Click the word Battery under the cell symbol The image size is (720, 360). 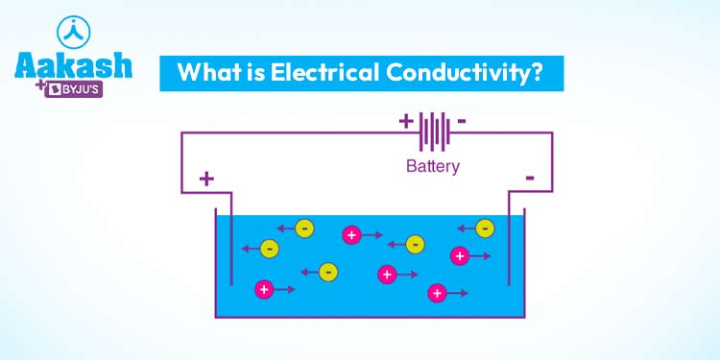click(x=433, y=166)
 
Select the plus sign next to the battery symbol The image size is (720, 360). click(x=405, y=122)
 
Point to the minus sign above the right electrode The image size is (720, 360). click(x=529, y=178)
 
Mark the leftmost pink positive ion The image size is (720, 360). click(x=263, y=288)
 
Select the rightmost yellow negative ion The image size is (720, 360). click(x=485, y=228)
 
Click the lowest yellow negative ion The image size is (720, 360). click(x=328, y=272)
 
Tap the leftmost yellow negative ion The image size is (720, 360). click(x=270, y=249)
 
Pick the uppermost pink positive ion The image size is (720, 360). click(x=351, y=234)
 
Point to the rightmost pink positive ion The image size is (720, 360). click(x=460, y=255)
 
